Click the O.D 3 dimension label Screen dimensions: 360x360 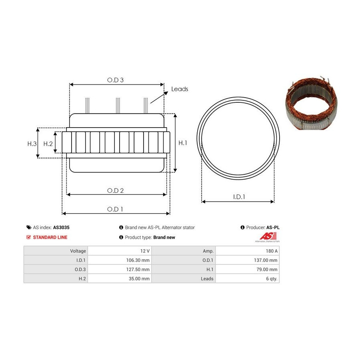(115, 80)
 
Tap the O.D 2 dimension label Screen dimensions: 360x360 (115, 190)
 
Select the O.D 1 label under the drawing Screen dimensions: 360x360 (115, 209)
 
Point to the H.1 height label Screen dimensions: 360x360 (183, 143)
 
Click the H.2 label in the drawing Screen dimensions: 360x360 (48, 144)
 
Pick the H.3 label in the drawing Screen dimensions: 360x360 (32, 144)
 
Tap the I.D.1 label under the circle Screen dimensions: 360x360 (239, 197)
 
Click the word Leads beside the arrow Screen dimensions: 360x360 (180, 89)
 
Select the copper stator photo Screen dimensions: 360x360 (312, 103)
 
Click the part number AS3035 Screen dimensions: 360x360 (61, 228)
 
